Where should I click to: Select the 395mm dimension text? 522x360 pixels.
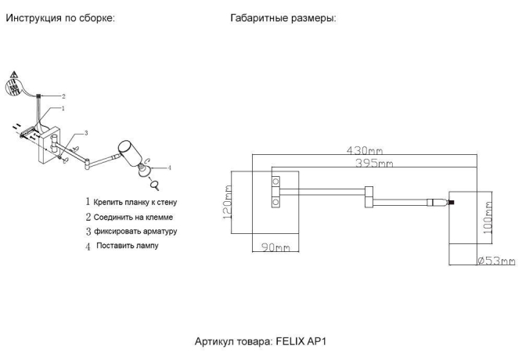pyautogui.click(x=373, y=163)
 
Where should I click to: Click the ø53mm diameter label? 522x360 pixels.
pyautogui.click(x=496, y=261)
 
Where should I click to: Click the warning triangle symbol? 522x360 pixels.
pyautogui.click(x=13, y=77)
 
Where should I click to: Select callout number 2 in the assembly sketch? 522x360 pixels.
pyautogui.click(x=74, y=95)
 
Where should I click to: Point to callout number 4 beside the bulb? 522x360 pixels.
pyautogui.click(x=170, y=167)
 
